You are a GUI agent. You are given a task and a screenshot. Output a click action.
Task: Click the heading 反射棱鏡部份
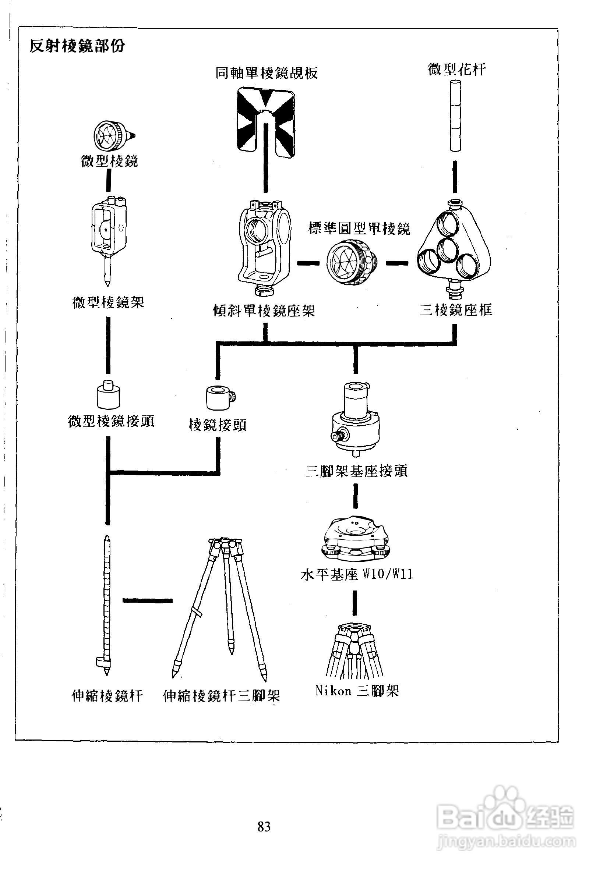pyautogui.click(x=78, y=47)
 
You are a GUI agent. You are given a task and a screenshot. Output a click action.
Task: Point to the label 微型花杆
pyautogui.click(x=457, y=70)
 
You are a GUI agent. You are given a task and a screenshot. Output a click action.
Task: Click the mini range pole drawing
pyautogui.click(x=455, y=116)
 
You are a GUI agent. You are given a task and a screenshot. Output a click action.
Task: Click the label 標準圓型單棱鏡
pyautogui.click(x=359, y=229)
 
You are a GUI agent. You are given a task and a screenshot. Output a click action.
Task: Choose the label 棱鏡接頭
pyautogui.click(x=218, y=425)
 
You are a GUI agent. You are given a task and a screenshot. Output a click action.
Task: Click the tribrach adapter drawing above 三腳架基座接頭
pyautogui.click(x=356, y=419)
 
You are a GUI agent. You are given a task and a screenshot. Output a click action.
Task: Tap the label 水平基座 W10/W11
pyautogui.click(x=357, y=575)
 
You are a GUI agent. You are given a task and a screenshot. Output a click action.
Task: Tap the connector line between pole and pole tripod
pyautogui.click(x=147, y=600)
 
